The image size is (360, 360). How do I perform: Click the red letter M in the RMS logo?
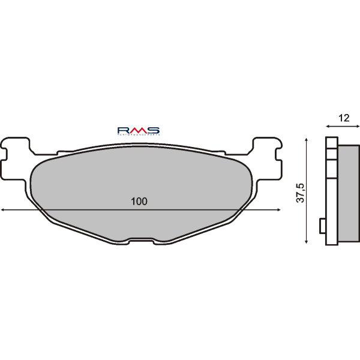pos(139,130)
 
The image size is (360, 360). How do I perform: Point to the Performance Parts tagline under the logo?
pos(138,136)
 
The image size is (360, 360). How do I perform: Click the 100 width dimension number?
pos(139,201)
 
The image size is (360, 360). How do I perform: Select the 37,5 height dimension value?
pos(301,191)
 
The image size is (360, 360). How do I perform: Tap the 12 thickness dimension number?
pos(343,118)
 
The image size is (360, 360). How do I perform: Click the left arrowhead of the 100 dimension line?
pos(3,210)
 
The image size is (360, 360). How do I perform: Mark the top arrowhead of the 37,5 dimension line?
pos(307,139)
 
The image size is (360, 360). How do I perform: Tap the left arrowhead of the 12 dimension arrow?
pos(328,127)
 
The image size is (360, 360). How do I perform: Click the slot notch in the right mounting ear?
pos(277,158)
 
